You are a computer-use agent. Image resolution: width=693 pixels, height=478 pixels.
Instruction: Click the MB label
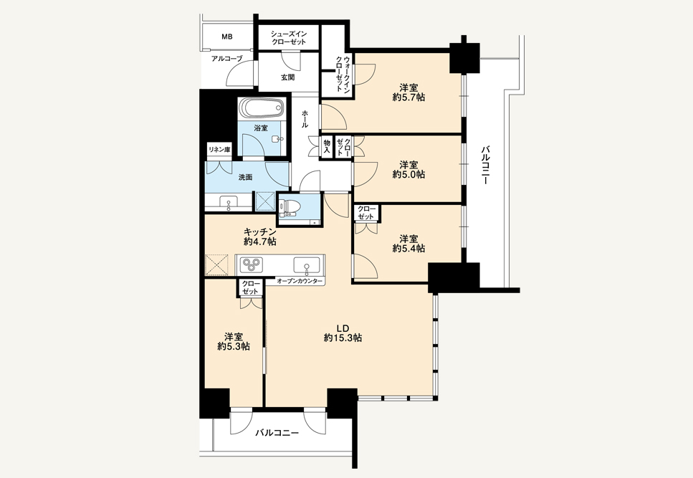[x=226, y=37]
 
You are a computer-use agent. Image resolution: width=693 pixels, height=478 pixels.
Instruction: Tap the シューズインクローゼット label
[x=289, y=37]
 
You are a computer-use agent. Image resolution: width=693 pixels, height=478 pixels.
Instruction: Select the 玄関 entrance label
[x=287, y=77]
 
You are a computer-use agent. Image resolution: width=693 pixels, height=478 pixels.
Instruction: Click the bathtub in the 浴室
[x=261, y=107]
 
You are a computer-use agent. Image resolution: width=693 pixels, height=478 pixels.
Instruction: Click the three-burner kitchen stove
[x=252, y=264]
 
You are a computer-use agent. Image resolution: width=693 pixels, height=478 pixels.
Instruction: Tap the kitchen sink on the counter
[x=306, y=265]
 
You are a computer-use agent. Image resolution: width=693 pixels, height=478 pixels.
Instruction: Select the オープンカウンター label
[x=300, y=281]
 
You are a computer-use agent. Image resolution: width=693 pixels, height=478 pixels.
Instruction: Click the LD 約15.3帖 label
[x=343, y=333]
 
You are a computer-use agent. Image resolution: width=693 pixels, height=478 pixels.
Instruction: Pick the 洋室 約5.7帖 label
[x=408, y=92]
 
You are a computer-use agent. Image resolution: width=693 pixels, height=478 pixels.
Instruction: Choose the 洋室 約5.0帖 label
[x=408, y=170]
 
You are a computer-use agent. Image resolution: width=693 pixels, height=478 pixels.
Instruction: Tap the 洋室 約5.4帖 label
[x=408, y=244]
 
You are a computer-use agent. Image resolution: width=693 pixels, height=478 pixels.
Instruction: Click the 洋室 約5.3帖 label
[x=234, y=342]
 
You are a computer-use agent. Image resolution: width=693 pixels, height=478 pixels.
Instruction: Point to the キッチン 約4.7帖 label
[x=260, y=236]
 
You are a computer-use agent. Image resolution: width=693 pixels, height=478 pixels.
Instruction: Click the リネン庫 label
[x=219, y=150]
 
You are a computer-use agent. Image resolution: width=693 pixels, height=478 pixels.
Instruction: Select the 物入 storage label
[x=327, y=147]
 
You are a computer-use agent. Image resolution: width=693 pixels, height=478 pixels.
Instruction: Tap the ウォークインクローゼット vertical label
[x=343, y=74]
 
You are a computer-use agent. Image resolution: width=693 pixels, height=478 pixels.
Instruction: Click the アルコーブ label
[x=226, y=58]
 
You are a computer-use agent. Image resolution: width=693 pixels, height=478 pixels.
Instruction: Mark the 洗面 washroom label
[x=245, y=177]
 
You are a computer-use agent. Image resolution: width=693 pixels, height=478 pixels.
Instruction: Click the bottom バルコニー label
[x=277, y=433]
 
